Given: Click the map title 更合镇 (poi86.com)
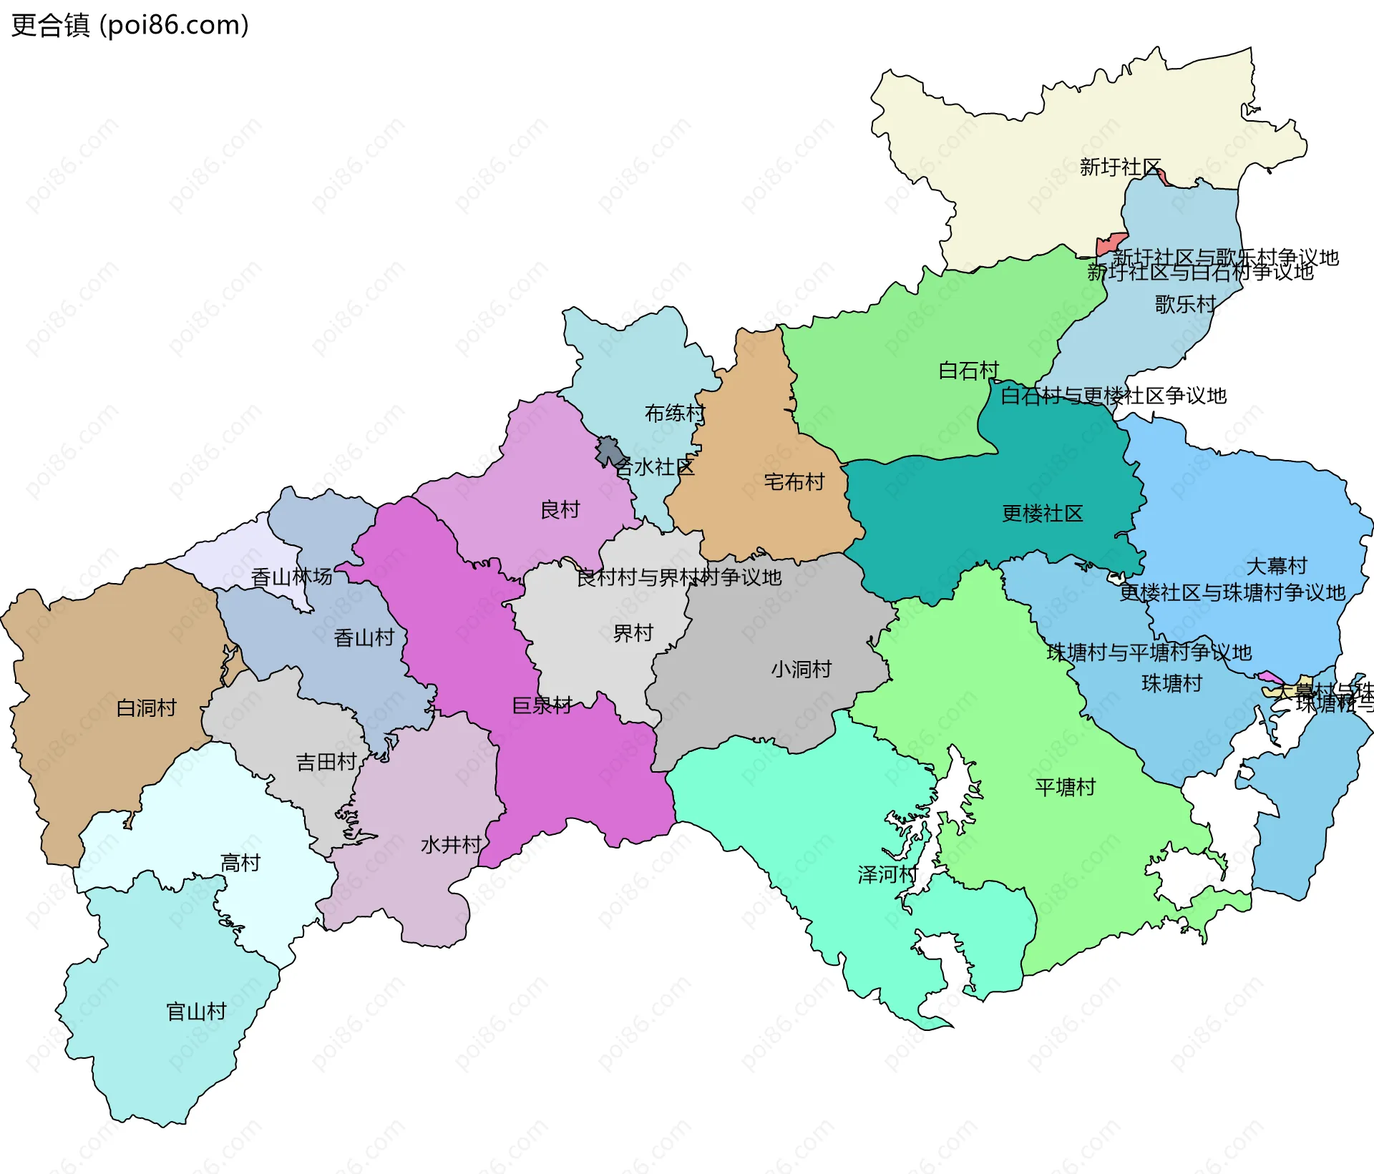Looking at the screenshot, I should [x=130, y=25].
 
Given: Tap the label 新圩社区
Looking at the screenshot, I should [x=1119, y=167].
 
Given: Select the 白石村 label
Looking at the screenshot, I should [x=968, y=371].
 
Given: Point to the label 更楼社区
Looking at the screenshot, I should [x=1042, y=514].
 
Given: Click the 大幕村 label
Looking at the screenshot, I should [x=1276, y=566].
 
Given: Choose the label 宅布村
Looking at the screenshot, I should [x=794, y=482].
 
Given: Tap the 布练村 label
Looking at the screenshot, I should [x=674, y=413].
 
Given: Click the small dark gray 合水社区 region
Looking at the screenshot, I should [x=609, y=451].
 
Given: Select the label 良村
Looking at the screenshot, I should [x=560, y=510].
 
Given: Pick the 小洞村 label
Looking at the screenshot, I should [x=801, y=669].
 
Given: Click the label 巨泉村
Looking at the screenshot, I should [x=542, y=705].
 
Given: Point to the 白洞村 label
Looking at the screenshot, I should [x=146, y=708].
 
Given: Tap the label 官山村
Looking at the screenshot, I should [x=196, y=1012].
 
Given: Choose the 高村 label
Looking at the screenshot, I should [x=240, y=863].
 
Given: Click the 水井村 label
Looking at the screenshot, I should [x=451, y=845].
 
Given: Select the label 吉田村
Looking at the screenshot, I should [x=326, y=762].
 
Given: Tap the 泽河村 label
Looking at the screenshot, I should [x=887, y=874].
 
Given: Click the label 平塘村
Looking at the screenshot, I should [x=1065, y=787].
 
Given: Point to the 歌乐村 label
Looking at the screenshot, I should [x=1185, y=304].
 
